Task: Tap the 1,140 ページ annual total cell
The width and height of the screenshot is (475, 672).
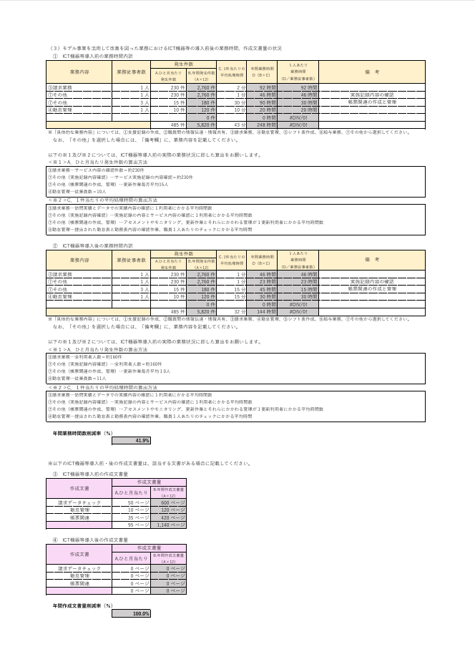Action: click(168, 525)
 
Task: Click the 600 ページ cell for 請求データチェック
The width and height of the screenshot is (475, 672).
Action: click(168, 503)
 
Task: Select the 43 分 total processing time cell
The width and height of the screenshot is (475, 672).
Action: click(231, 124)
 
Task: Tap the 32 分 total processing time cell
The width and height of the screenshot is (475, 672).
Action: click(231, 312)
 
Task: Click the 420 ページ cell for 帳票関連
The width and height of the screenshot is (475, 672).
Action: click(168, 516)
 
